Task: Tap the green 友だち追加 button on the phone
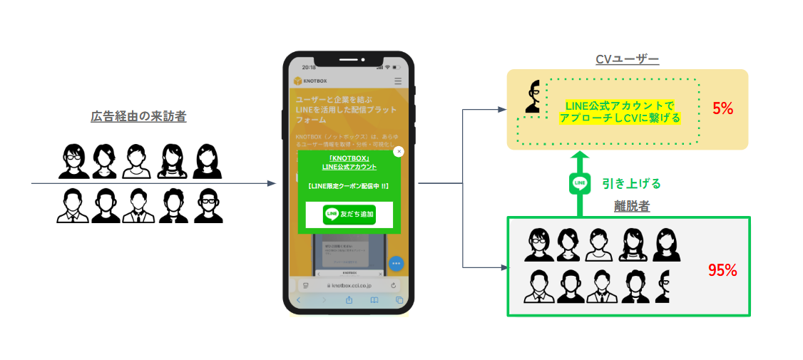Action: click(x=349, y=214)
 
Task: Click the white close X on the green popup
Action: click(x=399, y=151)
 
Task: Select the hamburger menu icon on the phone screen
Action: click(x=398, y=81)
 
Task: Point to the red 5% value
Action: click(x=722, y=108)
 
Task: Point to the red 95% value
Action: click(x=722, y=270)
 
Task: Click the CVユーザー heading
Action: click(x=627, y=59)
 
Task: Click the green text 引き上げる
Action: click(x=631, y=183)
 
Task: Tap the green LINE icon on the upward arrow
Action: click(x=580, y=183)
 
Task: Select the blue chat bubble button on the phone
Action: click(x=397, y=264)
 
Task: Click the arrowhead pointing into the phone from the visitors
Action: click(x=271, y=183)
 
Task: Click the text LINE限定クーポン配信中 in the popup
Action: click(x=349, y=186)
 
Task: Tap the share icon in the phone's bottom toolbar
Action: click(x=349, y=300)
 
